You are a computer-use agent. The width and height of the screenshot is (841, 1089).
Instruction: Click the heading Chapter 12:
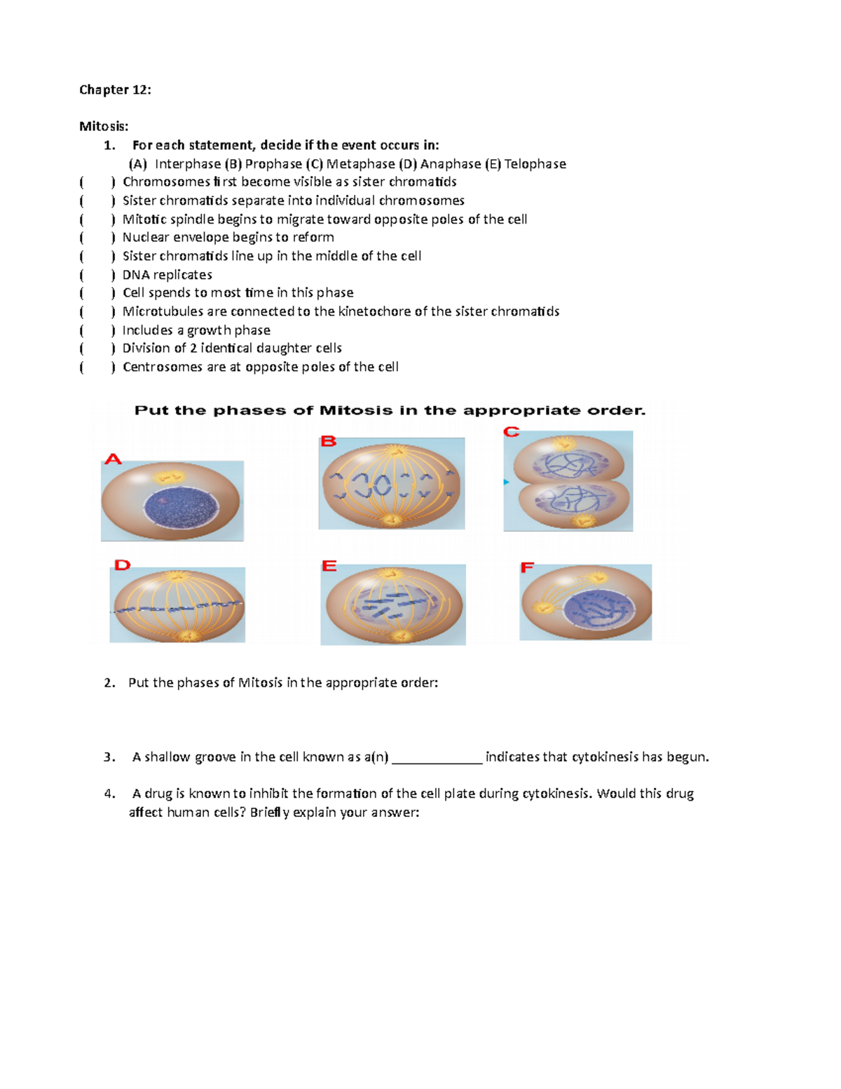click(x=115, y=90)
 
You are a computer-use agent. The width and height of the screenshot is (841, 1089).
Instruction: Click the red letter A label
click(x=113, y=459)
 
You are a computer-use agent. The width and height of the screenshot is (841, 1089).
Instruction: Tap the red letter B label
click(x=329, y=441)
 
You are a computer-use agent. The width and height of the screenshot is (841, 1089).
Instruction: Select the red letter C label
click(x=512, y=432)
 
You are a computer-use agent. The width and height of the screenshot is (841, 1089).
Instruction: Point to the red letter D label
click(x=123, y=564)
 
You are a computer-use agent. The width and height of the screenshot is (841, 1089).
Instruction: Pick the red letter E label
click(x=329, y=565)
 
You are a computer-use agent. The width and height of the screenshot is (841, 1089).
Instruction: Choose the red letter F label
click(x=527, y=567)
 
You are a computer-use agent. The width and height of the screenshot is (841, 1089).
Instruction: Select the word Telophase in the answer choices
click(x=535, y=164)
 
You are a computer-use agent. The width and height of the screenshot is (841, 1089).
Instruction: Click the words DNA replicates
click(x=167, y=275)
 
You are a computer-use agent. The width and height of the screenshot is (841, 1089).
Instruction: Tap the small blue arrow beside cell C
click(x=506, y=482)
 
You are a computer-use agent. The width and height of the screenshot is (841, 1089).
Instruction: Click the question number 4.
click(x=109, y=794)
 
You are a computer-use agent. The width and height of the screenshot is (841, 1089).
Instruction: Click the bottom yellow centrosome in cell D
click(x=186, y=635)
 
